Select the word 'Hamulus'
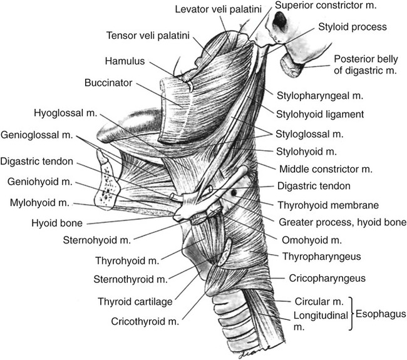(x=123, y=61)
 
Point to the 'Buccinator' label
(x=106, y=83)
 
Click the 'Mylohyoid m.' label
(x=41, y=203)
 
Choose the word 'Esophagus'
(x=381, y=313)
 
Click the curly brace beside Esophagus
(x=354, y=312)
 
